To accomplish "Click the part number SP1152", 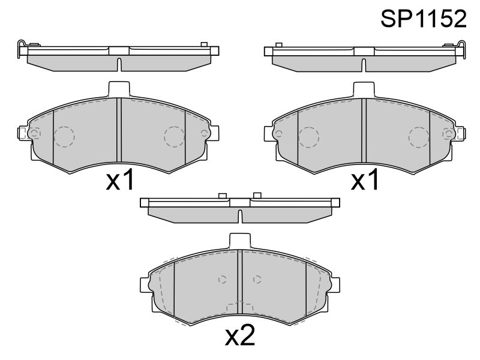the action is [424, 19].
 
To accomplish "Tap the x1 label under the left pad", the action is [120, 181].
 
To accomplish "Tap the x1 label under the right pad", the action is [365, 181].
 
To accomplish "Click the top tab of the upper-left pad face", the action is [119, 89].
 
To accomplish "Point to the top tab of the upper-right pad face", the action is [364, 89].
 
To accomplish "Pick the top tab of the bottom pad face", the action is [240, 241].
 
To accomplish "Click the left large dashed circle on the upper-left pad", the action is [64, 137].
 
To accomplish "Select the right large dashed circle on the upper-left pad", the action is [174, 137].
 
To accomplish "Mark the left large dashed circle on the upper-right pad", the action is [309, 137].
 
